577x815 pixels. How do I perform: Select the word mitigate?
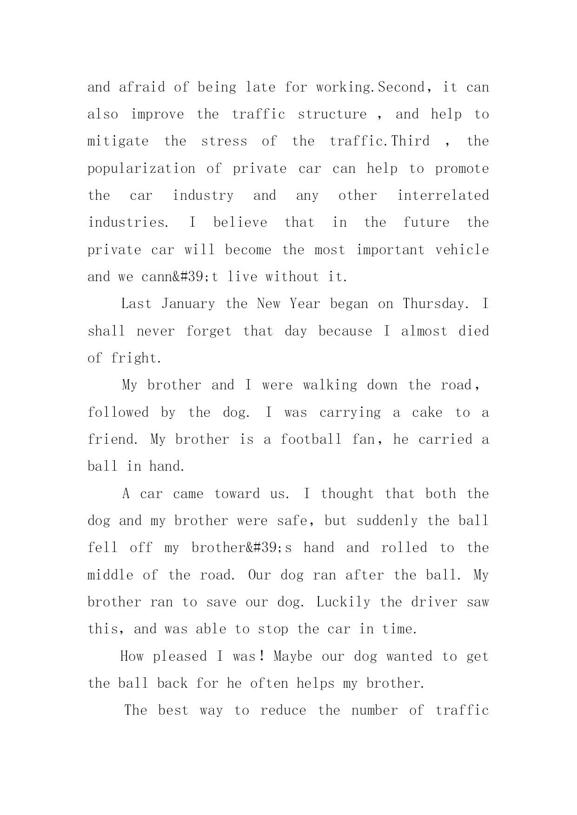tap(118, 142)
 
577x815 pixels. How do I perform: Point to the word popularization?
tap(141, 169)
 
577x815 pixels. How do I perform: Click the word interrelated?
tap(443, 195)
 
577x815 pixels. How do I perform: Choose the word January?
tap(188, 304)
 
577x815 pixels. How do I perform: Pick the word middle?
tap(110, 575)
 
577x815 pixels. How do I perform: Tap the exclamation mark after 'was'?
tap(263, 656)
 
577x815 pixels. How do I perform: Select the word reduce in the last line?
tap(283, 710)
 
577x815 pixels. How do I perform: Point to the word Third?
tap(411, 141)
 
